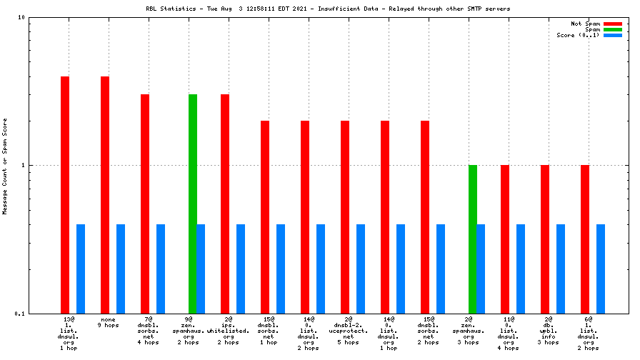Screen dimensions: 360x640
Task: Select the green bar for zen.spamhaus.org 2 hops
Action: point(193,204)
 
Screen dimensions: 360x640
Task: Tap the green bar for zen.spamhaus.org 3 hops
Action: point(473,239)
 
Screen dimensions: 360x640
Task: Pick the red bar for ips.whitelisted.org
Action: point(225,204)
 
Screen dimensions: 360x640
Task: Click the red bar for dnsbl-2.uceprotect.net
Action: point(345,217)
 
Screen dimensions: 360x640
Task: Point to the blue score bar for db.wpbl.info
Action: point(561,269)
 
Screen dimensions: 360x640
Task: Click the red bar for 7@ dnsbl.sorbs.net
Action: point(145,204)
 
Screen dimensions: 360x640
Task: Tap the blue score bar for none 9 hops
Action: point(121,269)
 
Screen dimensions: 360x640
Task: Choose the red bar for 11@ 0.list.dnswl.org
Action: point(505,239)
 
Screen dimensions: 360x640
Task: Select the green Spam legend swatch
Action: point(613,29)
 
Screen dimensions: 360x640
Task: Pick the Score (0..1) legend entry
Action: point(579,35)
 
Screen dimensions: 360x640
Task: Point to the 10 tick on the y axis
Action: point(21,17)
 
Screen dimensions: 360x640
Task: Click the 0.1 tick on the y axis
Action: point(19,314)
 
